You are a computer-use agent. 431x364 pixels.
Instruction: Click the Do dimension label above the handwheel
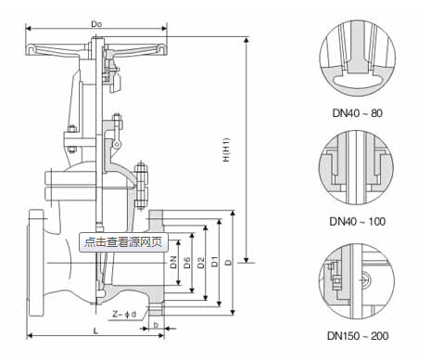point(96,24)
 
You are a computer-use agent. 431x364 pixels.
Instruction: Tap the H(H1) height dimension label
point(226,149)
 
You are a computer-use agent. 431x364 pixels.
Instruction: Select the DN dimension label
point(173,262)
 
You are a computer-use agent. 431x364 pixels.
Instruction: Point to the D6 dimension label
point(187,263)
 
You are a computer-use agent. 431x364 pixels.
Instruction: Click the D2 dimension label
point(201,263)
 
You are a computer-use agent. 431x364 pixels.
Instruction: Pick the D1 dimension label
point(214,262)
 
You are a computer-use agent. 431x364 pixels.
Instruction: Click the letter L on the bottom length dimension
point(95,331)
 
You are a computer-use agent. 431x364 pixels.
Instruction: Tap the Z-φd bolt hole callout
point(124,315)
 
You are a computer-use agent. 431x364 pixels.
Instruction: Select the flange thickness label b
point(156,325)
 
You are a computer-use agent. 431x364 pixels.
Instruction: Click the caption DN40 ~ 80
point(358,113)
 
